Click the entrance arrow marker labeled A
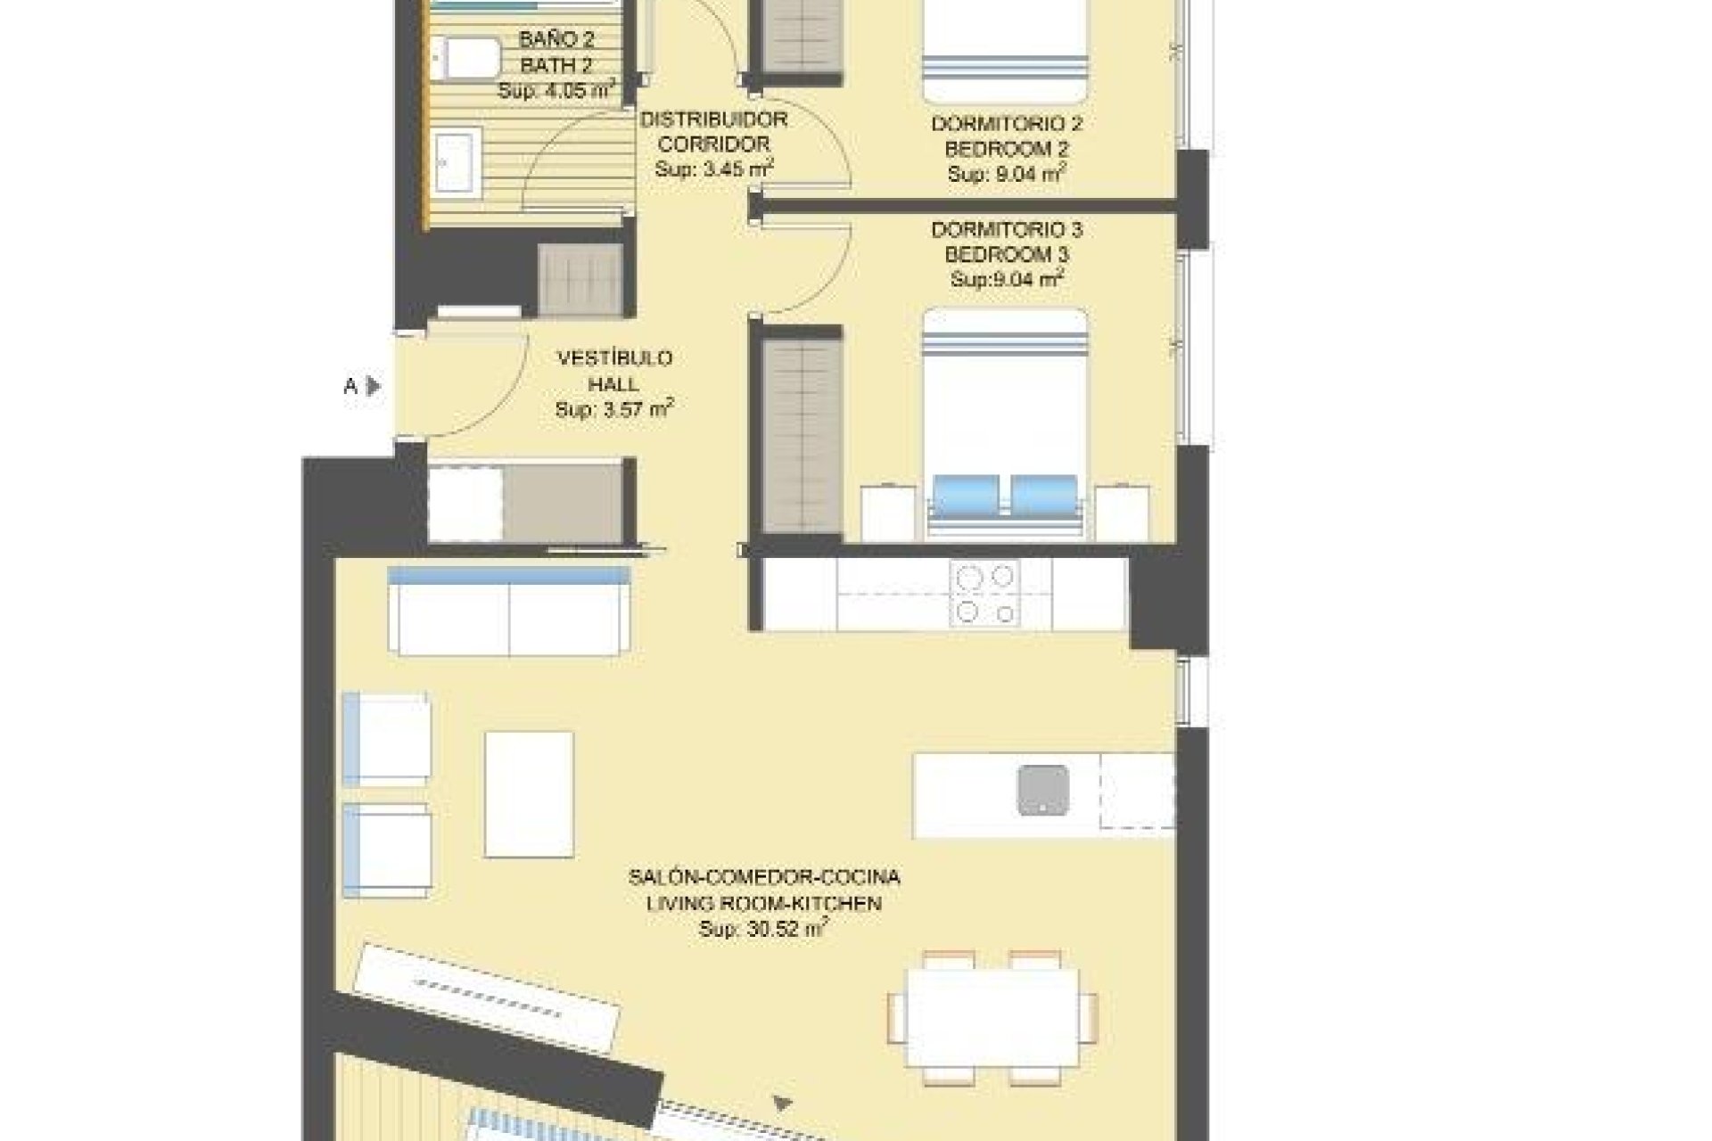374,386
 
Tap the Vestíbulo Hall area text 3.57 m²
613,409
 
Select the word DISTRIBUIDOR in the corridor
713,119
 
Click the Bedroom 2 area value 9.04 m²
1007,174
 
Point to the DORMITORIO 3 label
1007,230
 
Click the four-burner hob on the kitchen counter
985,594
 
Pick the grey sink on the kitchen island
1042,790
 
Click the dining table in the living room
992,1017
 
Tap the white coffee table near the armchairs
529,794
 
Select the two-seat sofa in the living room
509,612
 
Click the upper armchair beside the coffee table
386,739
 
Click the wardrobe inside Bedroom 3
802,437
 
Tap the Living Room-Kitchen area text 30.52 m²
764,929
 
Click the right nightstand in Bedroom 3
1122,512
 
